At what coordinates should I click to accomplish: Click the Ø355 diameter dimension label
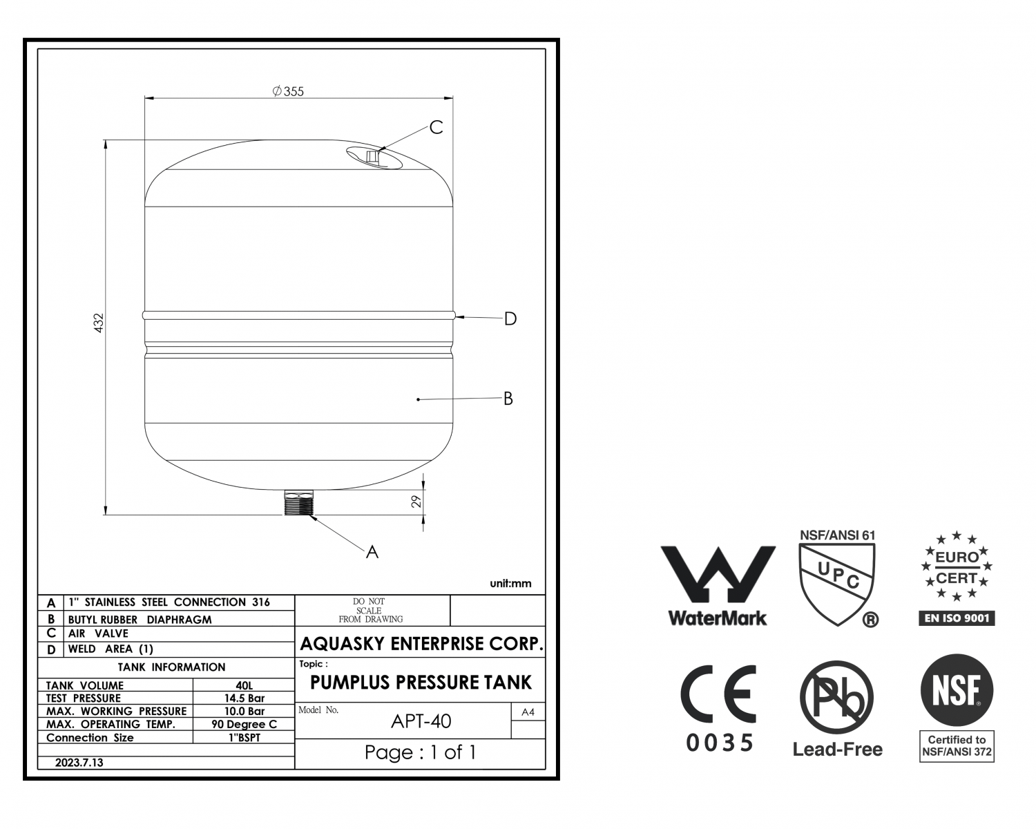pyautogui.click(x=288, y=91)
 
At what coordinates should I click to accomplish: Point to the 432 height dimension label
pyautogui.click(x=98, y=323)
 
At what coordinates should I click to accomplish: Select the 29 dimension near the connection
pyautogui.click(x=416, y=502)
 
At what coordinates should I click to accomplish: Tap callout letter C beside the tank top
pyautogui.click(x=437, y=127)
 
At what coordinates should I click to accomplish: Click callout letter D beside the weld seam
pyautogui.click(x=510, y=318)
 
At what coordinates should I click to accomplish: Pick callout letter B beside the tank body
pyautogui.click(x=508, y=399)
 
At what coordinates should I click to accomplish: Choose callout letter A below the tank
pyautogui.click(x=372, y=552)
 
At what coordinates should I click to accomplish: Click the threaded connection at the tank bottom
pyautogui.click(x=298, y=502)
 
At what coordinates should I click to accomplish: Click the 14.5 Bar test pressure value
pyautogui.click(x=244, y=698)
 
